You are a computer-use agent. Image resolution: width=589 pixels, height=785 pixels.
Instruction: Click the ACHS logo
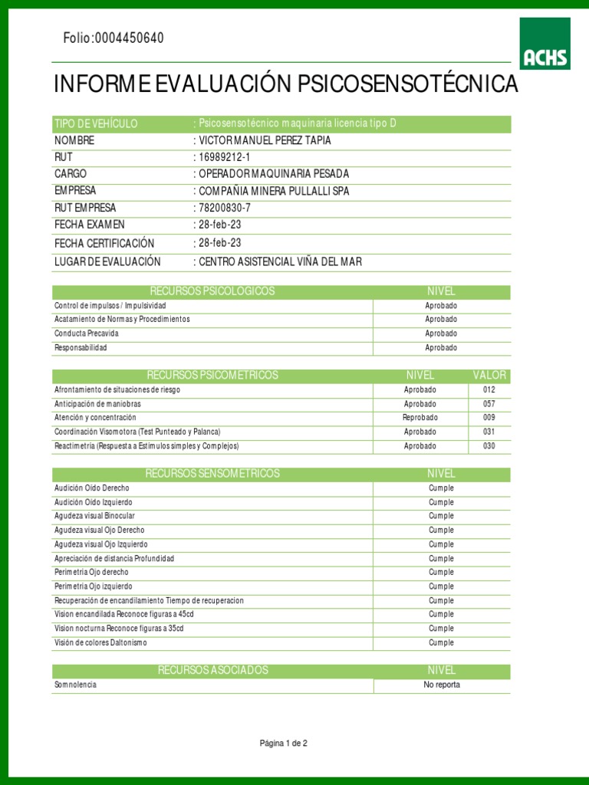[545, 44]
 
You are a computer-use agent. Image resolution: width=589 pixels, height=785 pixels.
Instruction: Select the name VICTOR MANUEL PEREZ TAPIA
[265, 141]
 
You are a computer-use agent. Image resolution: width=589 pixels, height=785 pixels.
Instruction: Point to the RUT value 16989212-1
[226, 157]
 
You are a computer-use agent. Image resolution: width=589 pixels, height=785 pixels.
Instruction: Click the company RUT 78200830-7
[225, 208]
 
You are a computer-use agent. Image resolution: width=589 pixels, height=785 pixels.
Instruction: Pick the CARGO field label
[71, 174]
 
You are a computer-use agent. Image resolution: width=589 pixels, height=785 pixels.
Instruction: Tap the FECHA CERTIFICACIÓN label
[104, 243]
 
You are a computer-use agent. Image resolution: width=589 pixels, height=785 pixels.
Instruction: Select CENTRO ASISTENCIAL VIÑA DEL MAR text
[280, 261]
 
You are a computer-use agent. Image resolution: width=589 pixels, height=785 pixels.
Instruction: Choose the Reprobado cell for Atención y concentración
[420, 418]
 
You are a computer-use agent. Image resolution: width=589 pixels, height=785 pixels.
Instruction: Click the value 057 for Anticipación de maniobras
[489, 404]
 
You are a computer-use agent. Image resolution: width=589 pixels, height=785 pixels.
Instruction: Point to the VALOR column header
[489, 375]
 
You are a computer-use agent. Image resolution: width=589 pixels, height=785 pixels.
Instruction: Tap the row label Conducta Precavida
[87, 333]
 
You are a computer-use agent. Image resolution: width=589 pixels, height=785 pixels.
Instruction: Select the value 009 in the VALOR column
[489, 418]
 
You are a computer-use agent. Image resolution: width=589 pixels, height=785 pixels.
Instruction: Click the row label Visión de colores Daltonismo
[100, 642]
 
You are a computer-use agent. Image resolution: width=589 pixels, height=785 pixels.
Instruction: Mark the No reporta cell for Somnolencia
[442, 685]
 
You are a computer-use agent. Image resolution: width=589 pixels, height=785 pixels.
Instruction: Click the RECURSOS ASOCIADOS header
[213, 670]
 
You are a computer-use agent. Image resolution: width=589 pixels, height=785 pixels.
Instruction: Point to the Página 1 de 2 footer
[284, 743]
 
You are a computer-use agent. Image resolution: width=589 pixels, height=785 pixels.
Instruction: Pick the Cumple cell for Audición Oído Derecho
[442, 488]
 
